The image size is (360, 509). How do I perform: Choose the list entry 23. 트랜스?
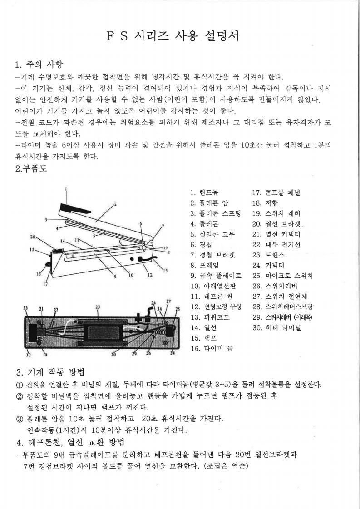pos(268,255)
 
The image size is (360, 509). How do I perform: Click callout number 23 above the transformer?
pos(97,307)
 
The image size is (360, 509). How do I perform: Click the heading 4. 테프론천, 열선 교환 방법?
pos(70,442)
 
